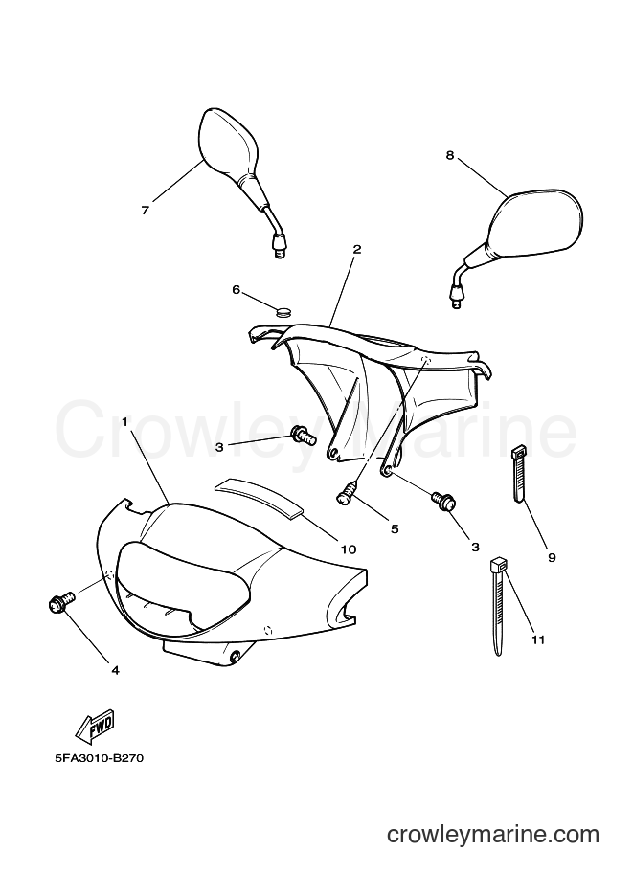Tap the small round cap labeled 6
click(x=284, y=310)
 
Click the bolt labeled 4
click(x=60, y=601)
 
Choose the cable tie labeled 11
click(x=498, y=606)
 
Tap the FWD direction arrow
click(x=95, y=727)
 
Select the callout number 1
click(x=124, y=422)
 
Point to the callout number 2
click(x=357, y=249)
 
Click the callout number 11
click(x=537, y=639)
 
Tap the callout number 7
click(x=145, y=211)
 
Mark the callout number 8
click(x=450, y=155)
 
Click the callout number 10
click(x=349, y=549)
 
